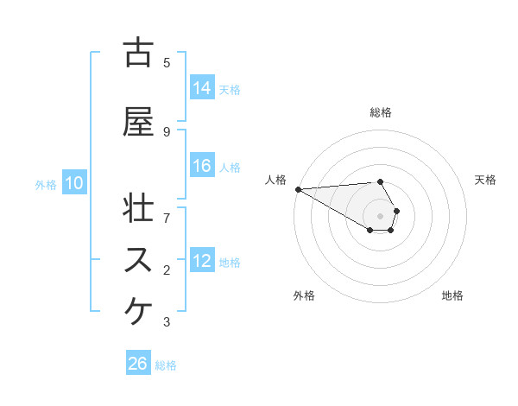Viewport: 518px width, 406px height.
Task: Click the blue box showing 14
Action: pos(202,88)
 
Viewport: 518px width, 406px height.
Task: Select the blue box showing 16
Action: pos(202,166)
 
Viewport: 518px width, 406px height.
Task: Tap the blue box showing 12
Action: pos(202,261)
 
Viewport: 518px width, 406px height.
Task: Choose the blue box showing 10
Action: pos(74,183)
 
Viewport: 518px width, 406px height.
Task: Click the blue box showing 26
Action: pos(138,365)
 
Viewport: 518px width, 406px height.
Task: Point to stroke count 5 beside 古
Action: pos(167,62)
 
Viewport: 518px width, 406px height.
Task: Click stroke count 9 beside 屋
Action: pos(167,131)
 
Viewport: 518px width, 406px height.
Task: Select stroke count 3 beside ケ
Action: pos(167,322)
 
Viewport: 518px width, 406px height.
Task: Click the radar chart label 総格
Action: pos(381,112)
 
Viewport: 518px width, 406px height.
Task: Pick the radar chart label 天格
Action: pos(486,180)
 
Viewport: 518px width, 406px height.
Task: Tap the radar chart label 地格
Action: pos(452,295)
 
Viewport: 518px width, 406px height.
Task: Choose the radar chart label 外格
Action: pos(304,295)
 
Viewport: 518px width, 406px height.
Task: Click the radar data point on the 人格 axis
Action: pos(297,189)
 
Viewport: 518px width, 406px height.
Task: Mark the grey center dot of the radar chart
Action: pos(381,216)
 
